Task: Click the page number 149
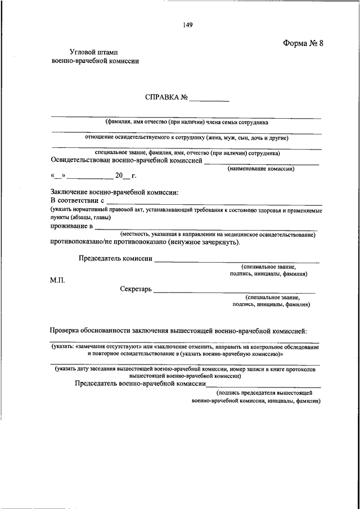click(188, 24)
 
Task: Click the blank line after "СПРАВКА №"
click(209, 99)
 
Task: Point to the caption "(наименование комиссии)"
click(261, 168)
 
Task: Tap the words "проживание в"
click(71, 226)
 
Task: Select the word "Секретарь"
click(136, 289)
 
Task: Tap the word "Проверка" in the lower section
click(67, 331)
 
